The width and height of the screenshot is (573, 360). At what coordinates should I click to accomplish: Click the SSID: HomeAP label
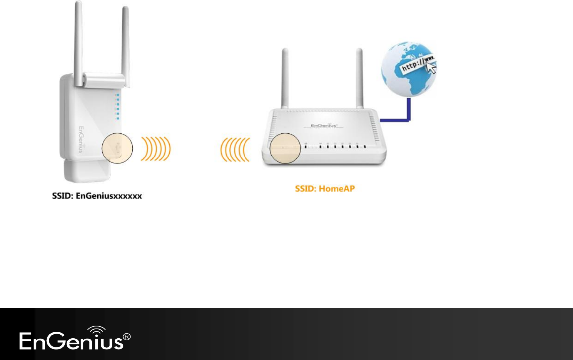pyautogui.click(x=325, y=189)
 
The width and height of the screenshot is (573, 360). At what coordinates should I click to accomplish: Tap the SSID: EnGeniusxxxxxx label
pyautogui.click(x=97, y=196)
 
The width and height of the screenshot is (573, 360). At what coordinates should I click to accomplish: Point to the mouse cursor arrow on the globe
pyautogui.click(x=431, y=68)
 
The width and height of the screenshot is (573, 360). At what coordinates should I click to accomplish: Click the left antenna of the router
pyautogui.click(x=285, y=78)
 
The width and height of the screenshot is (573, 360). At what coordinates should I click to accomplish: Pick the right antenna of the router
pyautogui.click(x=359, y=78)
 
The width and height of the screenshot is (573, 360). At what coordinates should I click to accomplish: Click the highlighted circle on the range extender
pyautogui.click(x=117, y=148)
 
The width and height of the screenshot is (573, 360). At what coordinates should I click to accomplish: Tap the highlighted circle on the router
pyautogui.click(x=285, y=148)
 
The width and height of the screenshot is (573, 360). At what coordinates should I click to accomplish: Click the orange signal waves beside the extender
pyautogui.click(x=156, y=149)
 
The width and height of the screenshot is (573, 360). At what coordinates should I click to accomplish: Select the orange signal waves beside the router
pyautogui.click(x=235, y=149)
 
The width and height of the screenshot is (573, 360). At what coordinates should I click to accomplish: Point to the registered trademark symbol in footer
pyautogui.click(x=127, y=337)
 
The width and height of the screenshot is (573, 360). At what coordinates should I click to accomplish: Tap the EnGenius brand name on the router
pyautogui.click(x=324, y=125)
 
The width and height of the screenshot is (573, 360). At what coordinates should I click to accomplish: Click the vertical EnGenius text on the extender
pyautogui.click(x=81, y=139)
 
